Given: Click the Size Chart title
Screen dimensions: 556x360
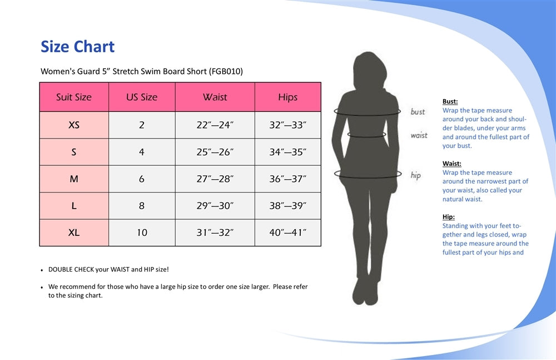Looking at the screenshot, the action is (x=78, y=47).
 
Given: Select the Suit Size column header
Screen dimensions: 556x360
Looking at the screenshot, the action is (x=74, y=97).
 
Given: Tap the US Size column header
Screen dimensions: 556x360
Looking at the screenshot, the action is (x=142, y=97).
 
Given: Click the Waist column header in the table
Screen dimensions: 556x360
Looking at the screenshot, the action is (x=215, y=97).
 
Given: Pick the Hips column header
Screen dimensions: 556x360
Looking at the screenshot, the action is (x=287, y=97).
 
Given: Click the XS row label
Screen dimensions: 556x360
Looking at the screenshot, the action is (x=74, y=125).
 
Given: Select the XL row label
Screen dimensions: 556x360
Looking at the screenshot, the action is (x=74, y=233).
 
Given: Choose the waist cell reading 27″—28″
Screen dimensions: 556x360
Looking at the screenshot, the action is (x=215, y=179).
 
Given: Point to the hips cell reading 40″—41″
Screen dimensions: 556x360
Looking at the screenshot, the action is (x=287, y=233).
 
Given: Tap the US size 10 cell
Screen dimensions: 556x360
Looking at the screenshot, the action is (x=142, y=233).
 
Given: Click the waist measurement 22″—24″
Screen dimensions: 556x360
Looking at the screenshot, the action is (x=215, y=125).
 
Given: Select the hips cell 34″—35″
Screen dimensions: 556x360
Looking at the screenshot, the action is (x=287, y=152).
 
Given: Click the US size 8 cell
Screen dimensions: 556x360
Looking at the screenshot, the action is (x=141, y=206).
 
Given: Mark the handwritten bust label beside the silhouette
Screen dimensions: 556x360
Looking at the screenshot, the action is (x=418, y=112).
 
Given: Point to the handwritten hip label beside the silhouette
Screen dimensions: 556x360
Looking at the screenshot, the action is (x=415, y=175).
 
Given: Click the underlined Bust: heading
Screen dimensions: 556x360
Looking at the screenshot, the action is (x=450, y=101).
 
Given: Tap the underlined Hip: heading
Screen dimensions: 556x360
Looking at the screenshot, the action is (x=448, y=217).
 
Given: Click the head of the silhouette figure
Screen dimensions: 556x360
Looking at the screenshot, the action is (x=370, y=70).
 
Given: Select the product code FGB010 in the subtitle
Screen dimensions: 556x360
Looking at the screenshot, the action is (x=226, y=71).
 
